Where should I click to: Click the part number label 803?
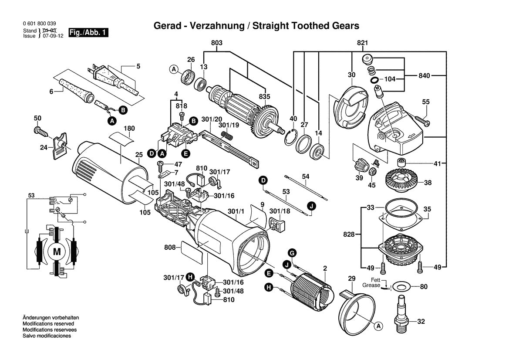pos(216,43)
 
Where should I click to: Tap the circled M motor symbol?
pos(57,251)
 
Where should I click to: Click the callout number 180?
pos(129,129)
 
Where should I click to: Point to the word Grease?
pos(371,285)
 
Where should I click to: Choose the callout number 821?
pos(362,43)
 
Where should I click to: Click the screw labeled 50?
pos(40,130)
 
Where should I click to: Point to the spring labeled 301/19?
pos(226,136)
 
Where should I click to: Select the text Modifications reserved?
pos(47,324)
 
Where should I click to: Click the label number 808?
pos(169,248)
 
